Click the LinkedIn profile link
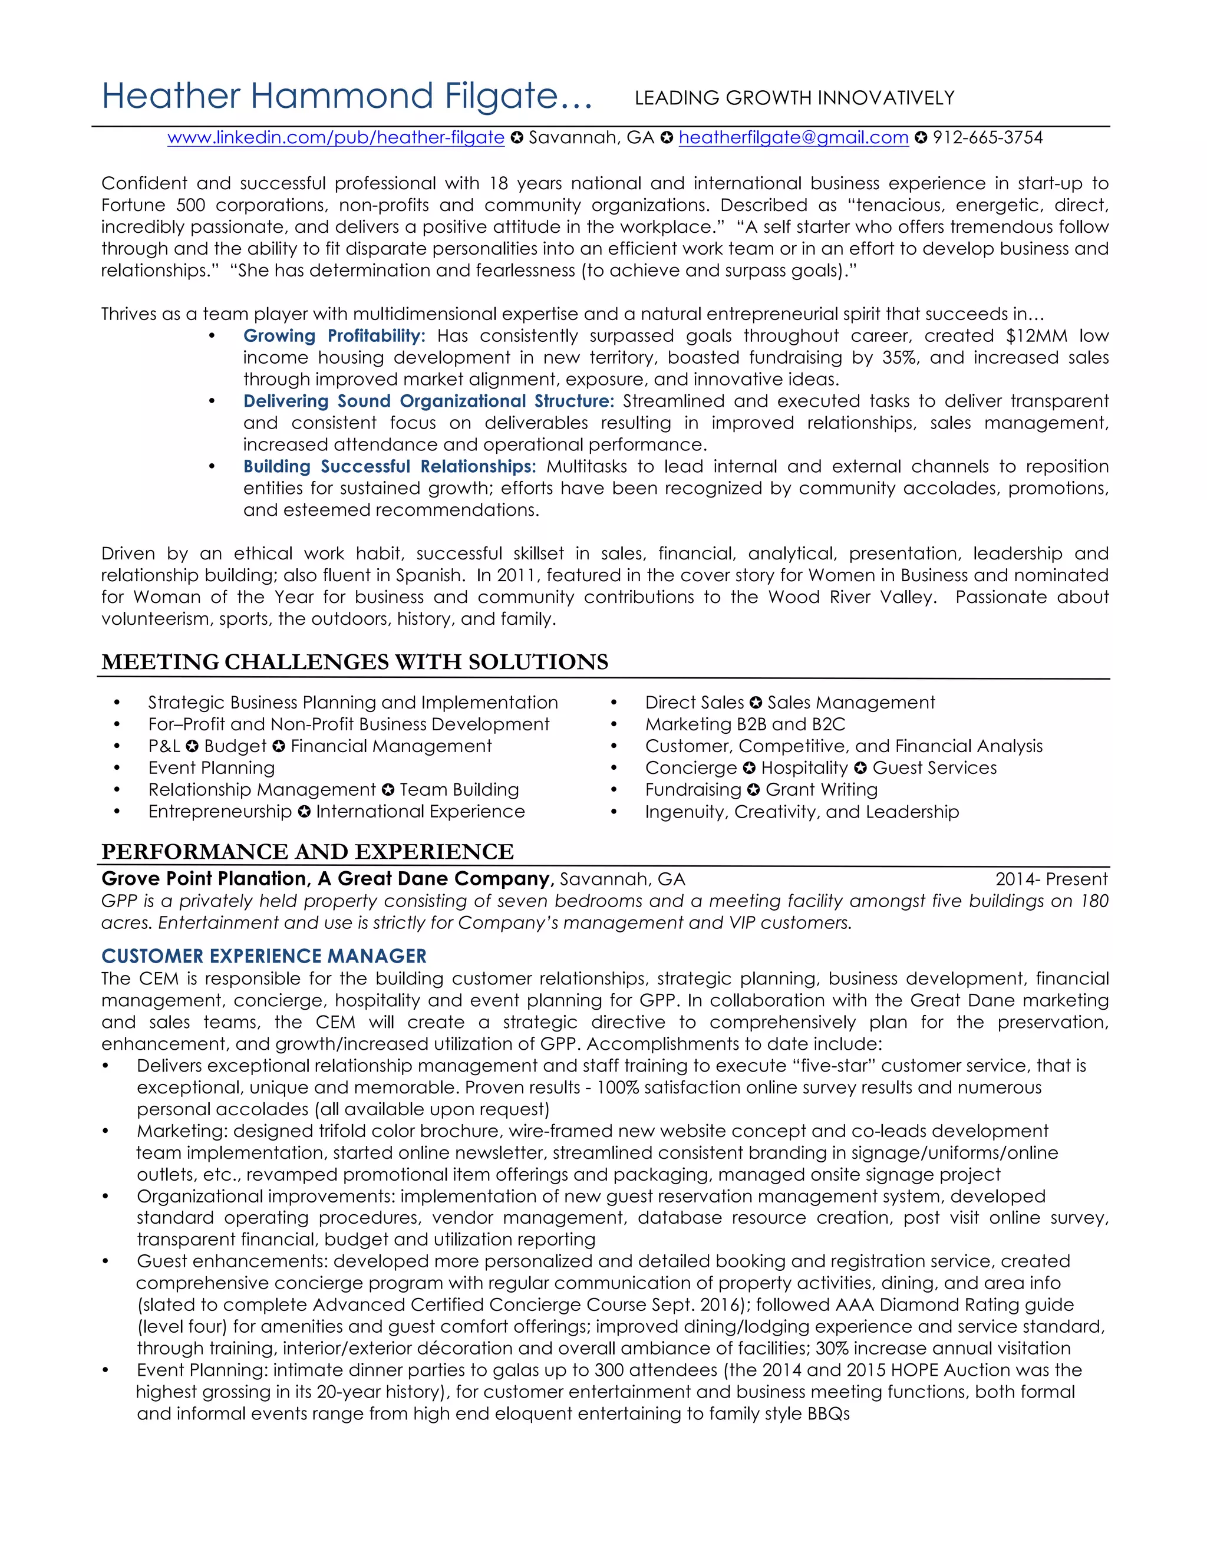(335, 137)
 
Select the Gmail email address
(793, 137)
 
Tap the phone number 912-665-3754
(988, 137)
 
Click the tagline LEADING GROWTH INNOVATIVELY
(794, 98)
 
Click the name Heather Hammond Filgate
(346, 97)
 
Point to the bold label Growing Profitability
(334, 335)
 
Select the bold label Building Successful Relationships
(389, 466)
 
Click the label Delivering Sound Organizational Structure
(428, 401)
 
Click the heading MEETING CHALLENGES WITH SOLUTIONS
(355, 661)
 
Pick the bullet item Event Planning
(211, 767)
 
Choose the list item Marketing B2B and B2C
(744, 724)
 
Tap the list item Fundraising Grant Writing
(761, 790)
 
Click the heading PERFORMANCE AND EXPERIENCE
(308, 851)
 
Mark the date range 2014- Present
(1051, 879)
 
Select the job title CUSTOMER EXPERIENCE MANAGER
(264, 956)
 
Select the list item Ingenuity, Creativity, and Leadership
(802, 812)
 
